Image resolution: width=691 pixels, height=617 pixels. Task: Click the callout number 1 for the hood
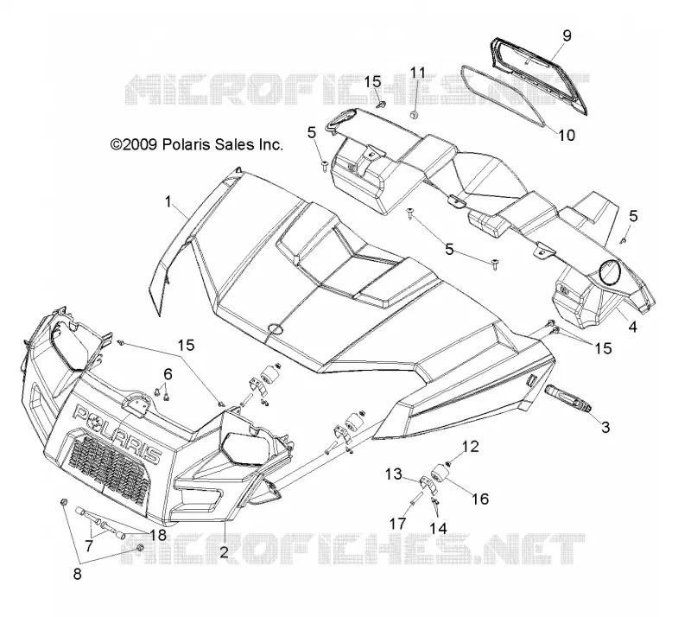[x=168, y=202]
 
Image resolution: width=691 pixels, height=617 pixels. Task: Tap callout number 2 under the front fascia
[x=224, y=551]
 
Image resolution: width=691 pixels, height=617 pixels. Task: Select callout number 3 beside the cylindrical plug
[x=605, y=427]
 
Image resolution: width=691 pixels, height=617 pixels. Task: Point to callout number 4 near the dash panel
[x=632, y=327]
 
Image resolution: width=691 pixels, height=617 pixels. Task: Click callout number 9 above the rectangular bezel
[x=567, y=35]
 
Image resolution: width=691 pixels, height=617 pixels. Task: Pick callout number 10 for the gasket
[x=567, y=135]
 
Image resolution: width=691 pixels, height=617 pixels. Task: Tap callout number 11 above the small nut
[x=418, y=73]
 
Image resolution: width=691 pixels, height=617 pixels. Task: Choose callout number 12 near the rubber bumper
[x=470, y=446]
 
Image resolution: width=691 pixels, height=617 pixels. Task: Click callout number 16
[x=480, y=499]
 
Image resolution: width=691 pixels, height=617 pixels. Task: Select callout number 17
[x=397, y=524]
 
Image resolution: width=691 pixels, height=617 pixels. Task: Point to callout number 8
[x=77, y=574]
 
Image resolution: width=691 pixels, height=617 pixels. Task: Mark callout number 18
[x=158, y=535]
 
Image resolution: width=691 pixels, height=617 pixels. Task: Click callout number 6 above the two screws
[x=168, y=374]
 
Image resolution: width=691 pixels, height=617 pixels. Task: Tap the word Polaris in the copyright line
[x=187, y=144]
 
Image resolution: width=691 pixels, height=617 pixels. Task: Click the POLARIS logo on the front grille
[x=116, y=434]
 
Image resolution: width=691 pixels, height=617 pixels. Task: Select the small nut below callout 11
[x=414, y=115]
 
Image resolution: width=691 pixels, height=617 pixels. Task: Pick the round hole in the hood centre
[x=275, y=328]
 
